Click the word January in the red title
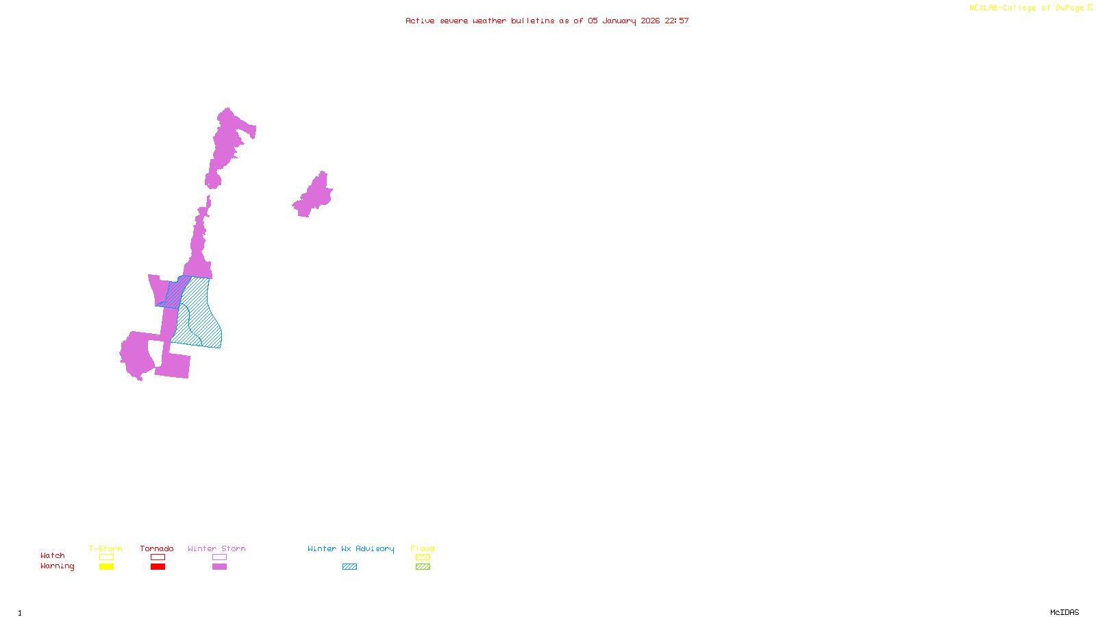point(619,21)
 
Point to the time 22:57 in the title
point(676,21)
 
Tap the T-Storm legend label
point(105,548)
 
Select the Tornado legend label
point(157,548)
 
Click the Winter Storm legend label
point(216,548)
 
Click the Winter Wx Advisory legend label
point(351,548)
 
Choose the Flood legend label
point(423,548)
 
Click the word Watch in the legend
point(53,555)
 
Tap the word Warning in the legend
point(57,566)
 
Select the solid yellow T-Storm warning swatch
point(106,567)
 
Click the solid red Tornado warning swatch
point(158,567)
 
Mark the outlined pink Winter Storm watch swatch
point(219,557)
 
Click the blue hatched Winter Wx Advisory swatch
point(349,567)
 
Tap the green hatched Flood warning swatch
point(423,567)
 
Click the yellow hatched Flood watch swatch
point(423,557)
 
